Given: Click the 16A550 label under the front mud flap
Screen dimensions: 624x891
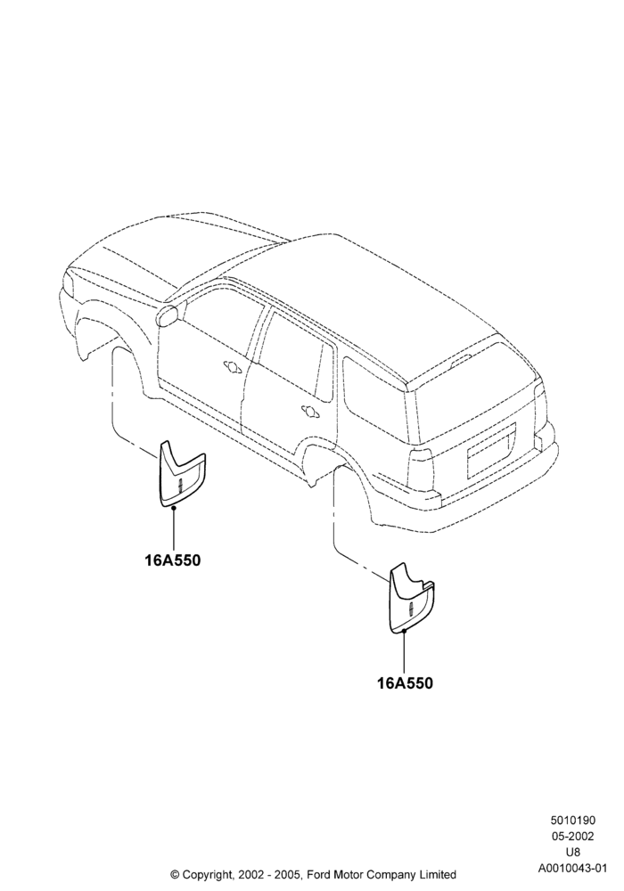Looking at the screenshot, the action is (x=172, y=560).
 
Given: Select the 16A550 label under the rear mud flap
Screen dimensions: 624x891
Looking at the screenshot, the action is (x=405, y=683).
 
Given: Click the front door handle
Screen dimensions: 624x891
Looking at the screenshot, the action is (x=233, y=366).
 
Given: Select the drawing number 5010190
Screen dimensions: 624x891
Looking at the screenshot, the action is (x=572, y=820).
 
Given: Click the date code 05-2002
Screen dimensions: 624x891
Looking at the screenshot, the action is (x=572, y=836).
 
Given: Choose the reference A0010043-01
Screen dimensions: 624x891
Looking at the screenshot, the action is (x=572, y=868).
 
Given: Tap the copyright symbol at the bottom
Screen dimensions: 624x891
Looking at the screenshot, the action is (x=175, y=875).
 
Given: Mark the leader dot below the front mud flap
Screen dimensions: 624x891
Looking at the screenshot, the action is (x=173, y=508).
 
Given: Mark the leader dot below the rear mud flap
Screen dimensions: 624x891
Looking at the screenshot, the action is (x=404, y=630).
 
